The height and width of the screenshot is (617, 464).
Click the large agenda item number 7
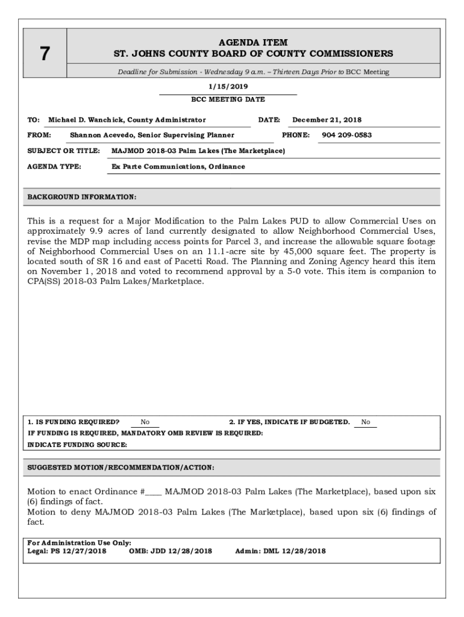44,54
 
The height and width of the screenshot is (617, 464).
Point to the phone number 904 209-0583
346,135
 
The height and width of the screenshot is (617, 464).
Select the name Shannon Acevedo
103,135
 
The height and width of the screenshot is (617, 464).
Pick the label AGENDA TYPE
54,166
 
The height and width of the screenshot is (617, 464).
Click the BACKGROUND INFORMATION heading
82,197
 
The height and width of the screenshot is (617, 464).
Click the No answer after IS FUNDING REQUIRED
145,422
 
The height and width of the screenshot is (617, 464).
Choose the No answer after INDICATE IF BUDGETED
366,422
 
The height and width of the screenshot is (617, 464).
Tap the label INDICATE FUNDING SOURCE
77,445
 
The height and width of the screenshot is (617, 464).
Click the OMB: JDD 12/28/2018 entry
171,551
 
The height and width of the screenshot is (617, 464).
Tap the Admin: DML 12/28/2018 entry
280,551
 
